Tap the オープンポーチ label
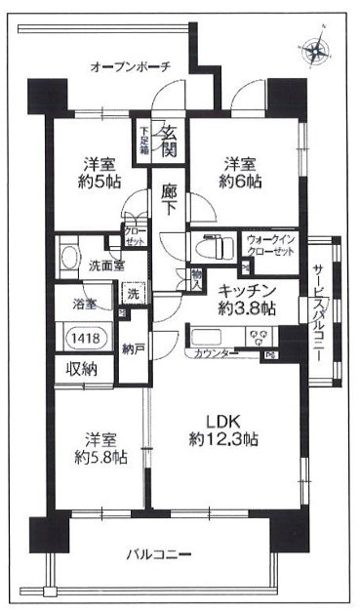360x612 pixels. (130, 67)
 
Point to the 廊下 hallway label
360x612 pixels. (169, 194)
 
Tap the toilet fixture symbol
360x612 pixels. (207, 246)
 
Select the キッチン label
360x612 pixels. (244, 289)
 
